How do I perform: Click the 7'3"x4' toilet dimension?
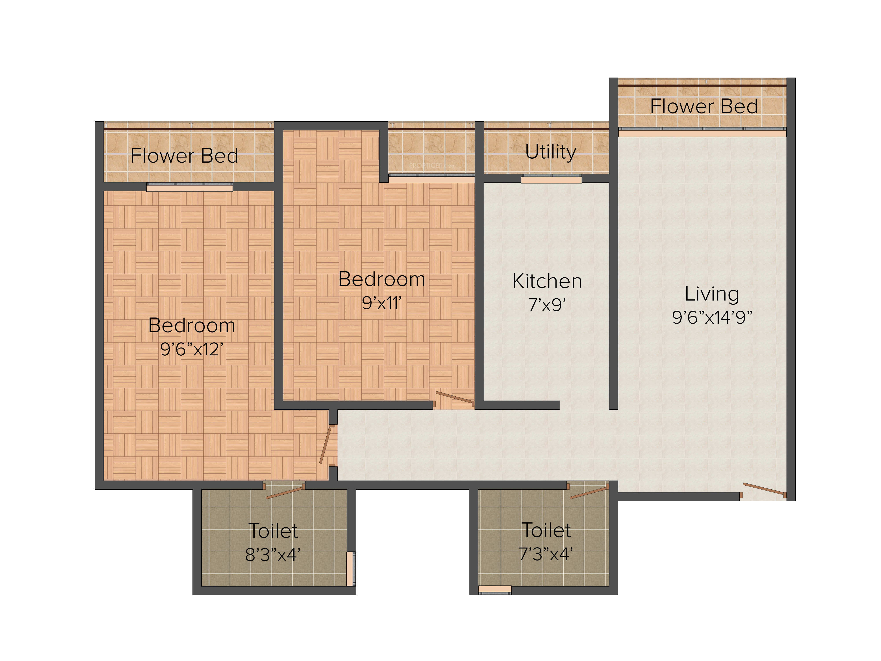tap(546, 554)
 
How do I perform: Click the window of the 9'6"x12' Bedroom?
tap(190, 187)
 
